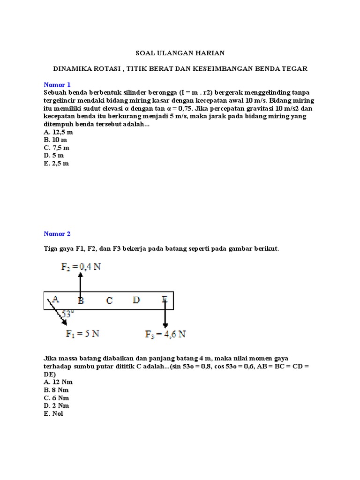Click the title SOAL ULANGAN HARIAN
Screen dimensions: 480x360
[180, 53]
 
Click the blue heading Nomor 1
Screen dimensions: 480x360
[57, 85]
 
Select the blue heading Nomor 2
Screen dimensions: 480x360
[57, 233]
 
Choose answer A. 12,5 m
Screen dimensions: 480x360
[59, 132]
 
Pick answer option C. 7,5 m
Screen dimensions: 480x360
[57, 148]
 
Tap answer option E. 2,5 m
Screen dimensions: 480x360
[56, 163]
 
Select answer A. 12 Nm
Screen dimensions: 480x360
[58, 382]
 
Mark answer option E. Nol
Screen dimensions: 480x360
[53, 413]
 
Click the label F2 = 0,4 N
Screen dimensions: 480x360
[81, 266]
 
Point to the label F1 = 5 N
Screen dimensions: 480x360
[82, 334]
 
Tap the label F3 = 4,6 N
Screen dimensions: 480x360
[165, 334]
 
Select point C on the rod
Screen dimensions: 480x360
[109, 300]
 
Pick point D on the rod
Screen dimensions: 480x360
[136, 300]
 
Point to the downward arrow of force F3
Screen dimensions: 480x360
[165, 314]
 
